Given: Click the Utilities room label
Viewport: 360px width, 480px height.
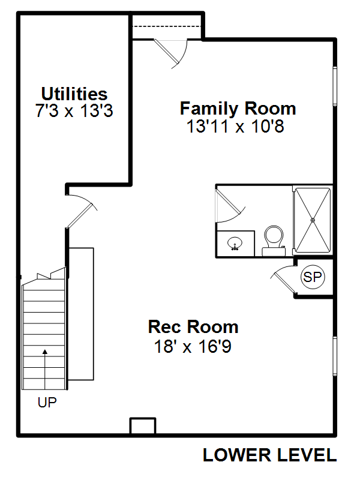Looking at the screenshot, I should point(74,94).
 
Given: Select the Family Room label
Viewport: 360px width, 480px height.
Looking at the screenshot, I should point(238,109).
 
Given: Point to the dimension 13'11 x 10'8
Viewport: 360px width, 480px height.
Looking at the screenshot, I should point(238,127).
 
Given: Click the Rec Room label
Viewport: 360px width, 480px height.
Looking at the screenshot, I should point(193,327).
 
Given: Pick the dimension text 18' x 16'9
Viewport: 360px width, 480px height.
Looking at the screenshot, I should point(193,346).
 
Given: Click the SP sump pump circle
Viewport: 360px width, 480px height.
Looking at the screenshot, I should point(313,277).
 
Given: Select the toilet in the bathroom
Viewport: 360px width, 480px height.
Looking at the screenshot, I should point(274,239).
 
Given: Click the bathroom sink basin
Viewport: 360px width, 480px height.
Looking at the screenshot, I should point(235,244).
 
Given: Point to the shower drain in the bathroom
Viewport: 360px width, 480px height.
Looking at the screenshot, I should point(312,220).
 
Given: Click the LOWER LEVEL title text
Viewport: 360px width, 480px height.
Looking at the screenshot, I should point(269,455).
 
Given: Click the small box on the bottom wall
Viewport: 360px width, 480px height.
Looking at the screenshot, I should point(143,425).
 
